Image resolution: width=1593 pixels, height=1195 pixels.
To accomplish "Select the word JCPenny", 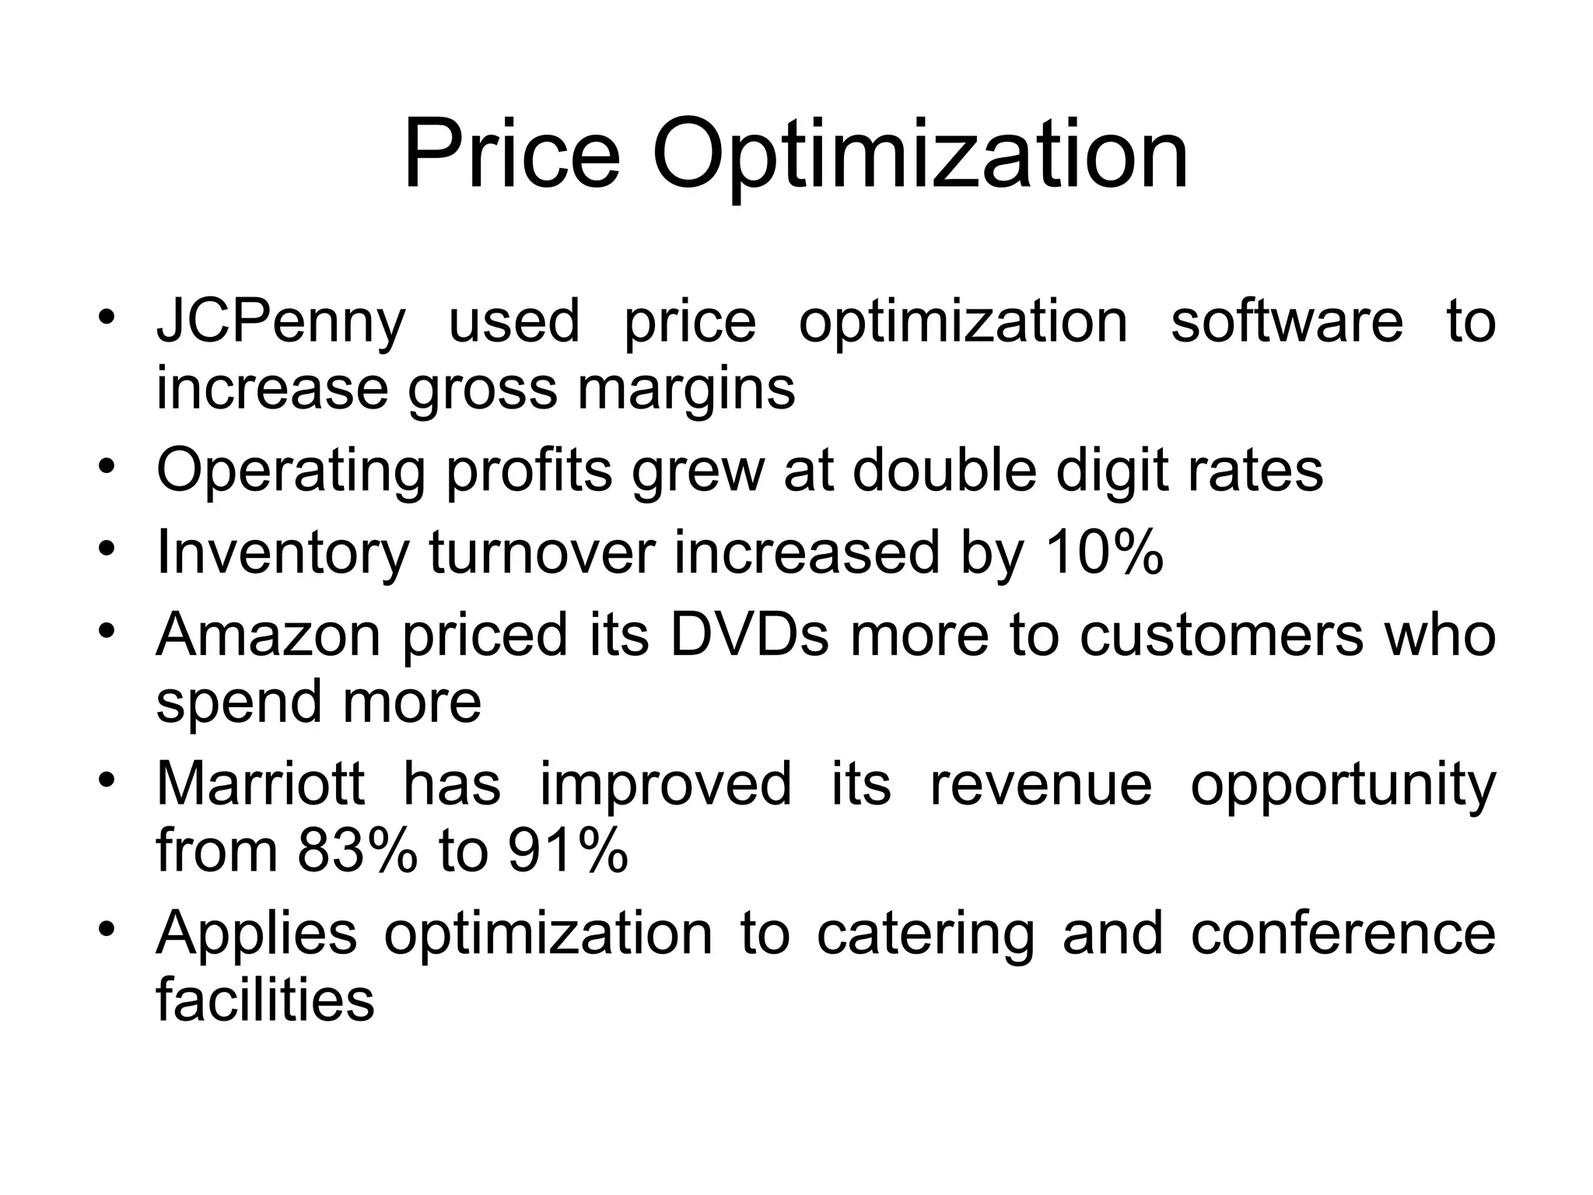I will tap(281, 323).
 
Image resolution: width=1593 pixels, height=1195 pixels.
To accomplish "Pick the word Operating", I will tap(291, 472).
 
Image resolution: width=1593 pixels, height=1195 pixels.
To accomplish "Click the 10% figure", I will tap(1104, 552).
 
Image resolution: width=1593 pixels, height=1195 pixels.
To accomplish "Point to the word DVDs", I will tap(749, 634).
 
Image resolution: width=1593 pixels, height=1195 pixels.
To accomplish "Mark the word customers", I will tap(1221, 634).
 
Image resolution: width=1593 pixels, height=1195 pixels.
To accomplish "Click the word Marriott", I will tap(260, 783).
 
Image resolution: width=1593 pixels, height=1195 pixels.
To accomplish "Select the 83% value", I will tap(356, 850).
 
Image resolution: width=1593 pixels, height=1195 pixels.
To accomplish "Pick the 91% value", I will tap(568, 850).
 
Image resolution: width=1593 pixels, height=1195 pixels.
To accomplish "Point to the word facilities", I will tap(265, 1000).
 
